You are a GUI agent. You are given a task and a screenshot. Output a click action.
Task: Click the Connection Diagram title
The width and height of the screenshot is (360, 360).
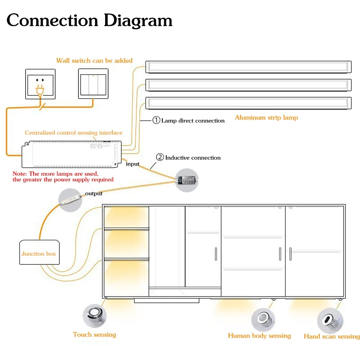pos(89,21)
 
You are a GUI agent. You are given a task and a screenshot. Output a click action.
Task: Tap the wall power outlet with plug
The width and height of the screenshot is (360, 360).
pos(40,84)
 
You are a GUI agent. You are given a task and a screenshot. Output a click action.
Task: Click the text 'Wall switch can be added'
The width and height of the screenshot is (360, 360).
pos(94,60)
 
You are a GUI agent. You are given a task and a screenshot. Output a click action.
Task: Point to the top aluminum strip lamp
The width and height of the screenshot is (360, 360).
pos(248,67)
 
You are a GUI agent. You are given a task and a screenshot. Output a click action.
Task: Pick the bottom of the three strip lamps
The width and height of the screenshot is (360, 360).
pos(248,103)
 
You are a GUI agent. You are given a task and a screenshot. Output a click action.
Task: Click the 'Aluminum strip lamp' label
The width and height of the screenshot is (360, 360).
pos(266,117)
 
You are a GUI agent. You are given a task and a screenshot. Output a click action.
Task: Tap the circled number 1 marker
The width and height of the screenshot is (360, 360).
pos(156,120)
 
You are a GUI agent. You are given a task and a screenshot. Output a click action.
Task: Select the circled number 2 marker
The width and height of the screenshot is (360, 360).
pos(160,157)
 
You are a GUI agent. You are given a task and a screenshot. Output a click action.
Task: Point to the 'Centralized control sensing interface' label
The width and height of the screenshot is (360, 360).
pos(73,133)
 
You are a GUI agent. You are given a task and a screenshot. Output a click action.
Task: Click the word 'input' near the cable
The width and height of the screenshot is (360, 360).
pos(132,164)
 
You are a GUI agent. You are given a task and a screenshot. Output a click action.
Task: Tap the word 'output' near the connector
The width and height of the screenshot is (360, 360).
pos(94,194)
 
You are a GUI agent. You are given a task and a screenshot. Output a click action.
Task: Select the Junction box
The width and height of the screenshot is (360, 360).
pos(39,254)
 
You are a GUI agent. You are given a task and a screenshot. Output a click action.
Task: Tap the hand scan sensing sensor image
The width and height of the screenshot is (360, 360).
pos(329,319)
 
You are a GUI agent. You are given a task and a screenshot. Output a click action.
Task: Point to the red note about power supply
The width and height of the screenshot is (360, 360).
pos(63,177)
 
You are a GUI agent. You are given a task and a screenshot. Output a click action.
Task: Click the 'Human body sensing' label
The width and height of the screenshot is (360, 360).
pos(259,336)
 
